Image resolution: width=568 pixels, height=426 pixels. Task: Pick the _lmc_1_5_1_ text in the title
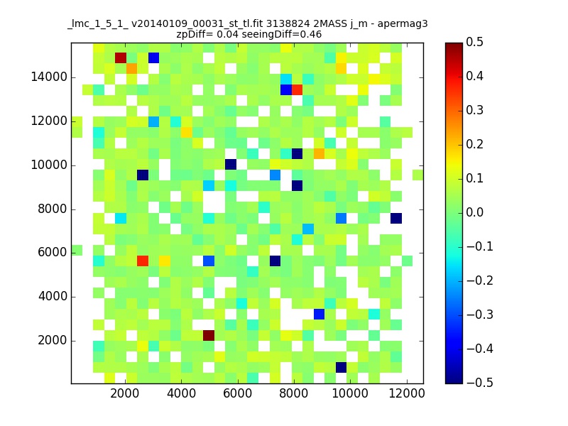tap(97, 24)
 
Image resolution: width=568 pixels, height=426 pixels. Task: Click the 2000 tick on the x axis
tap(125, 393)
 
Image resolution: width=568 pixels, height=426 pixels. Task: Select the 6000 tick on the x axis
tap(237, 393)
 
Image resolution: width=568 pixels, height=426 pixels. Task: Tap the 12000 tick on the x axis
tap(406, 393)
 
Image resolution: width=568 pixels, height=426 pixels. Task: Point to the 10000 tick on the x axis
tap(350, 393)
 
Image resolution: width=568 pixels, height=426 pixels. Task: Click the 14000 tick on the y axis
tap(49, 77)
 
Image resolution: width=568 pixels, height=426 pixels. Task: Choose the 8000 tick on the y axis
tap(53, 209)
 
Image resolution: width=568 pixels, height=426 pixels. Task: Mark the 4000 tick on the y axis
tap(53, 297)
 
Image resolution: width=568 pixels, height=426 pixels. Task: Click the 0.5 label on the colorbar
tap(474, 43)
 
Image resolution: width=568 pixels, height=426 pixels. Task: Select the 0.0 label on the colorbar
tap(474, 212)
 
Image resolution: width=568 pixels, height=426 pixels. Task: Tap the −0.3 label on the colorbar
tap(480, 315)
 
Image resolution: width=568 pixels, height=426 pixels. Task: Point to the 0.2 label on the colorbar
tap(474, 145)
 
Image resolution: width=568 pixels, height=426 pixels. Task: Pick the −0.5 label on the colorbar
tap(480, 383)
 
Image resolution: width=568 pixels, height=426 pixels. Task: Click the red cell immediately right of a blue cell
tap(297, 89)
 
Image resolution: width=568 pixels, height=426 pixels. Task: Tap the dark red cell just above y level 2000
tap(209, 335)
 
